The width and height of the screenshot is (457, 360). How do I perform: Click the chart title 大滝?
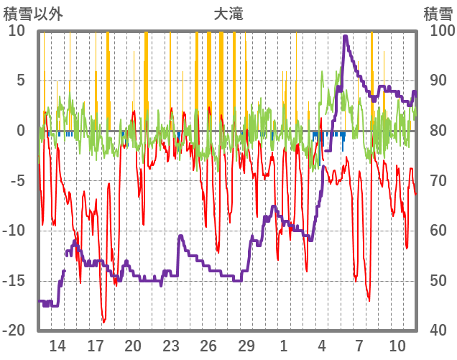228,14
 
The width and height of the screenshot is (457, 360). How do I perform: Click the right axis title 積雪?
438,14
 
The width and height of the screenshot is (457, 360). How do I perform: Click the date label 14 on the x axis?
57,346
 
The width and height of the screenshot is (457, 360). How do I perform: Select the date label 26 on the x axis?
208,346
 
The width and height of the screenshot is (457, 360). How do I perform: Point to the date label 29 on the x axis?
246,346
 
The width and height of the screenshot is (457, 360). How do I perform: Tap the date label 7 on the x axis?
359,346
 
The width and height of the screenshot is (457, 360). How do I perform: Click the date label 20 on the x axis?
133,346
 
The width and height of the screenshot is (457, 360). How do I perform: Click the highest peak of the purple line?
346,36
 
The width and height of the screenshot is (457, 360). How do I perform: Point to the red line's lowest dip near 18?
104,322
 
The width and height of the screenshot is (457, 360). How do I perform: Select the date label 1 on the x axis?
284,346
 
